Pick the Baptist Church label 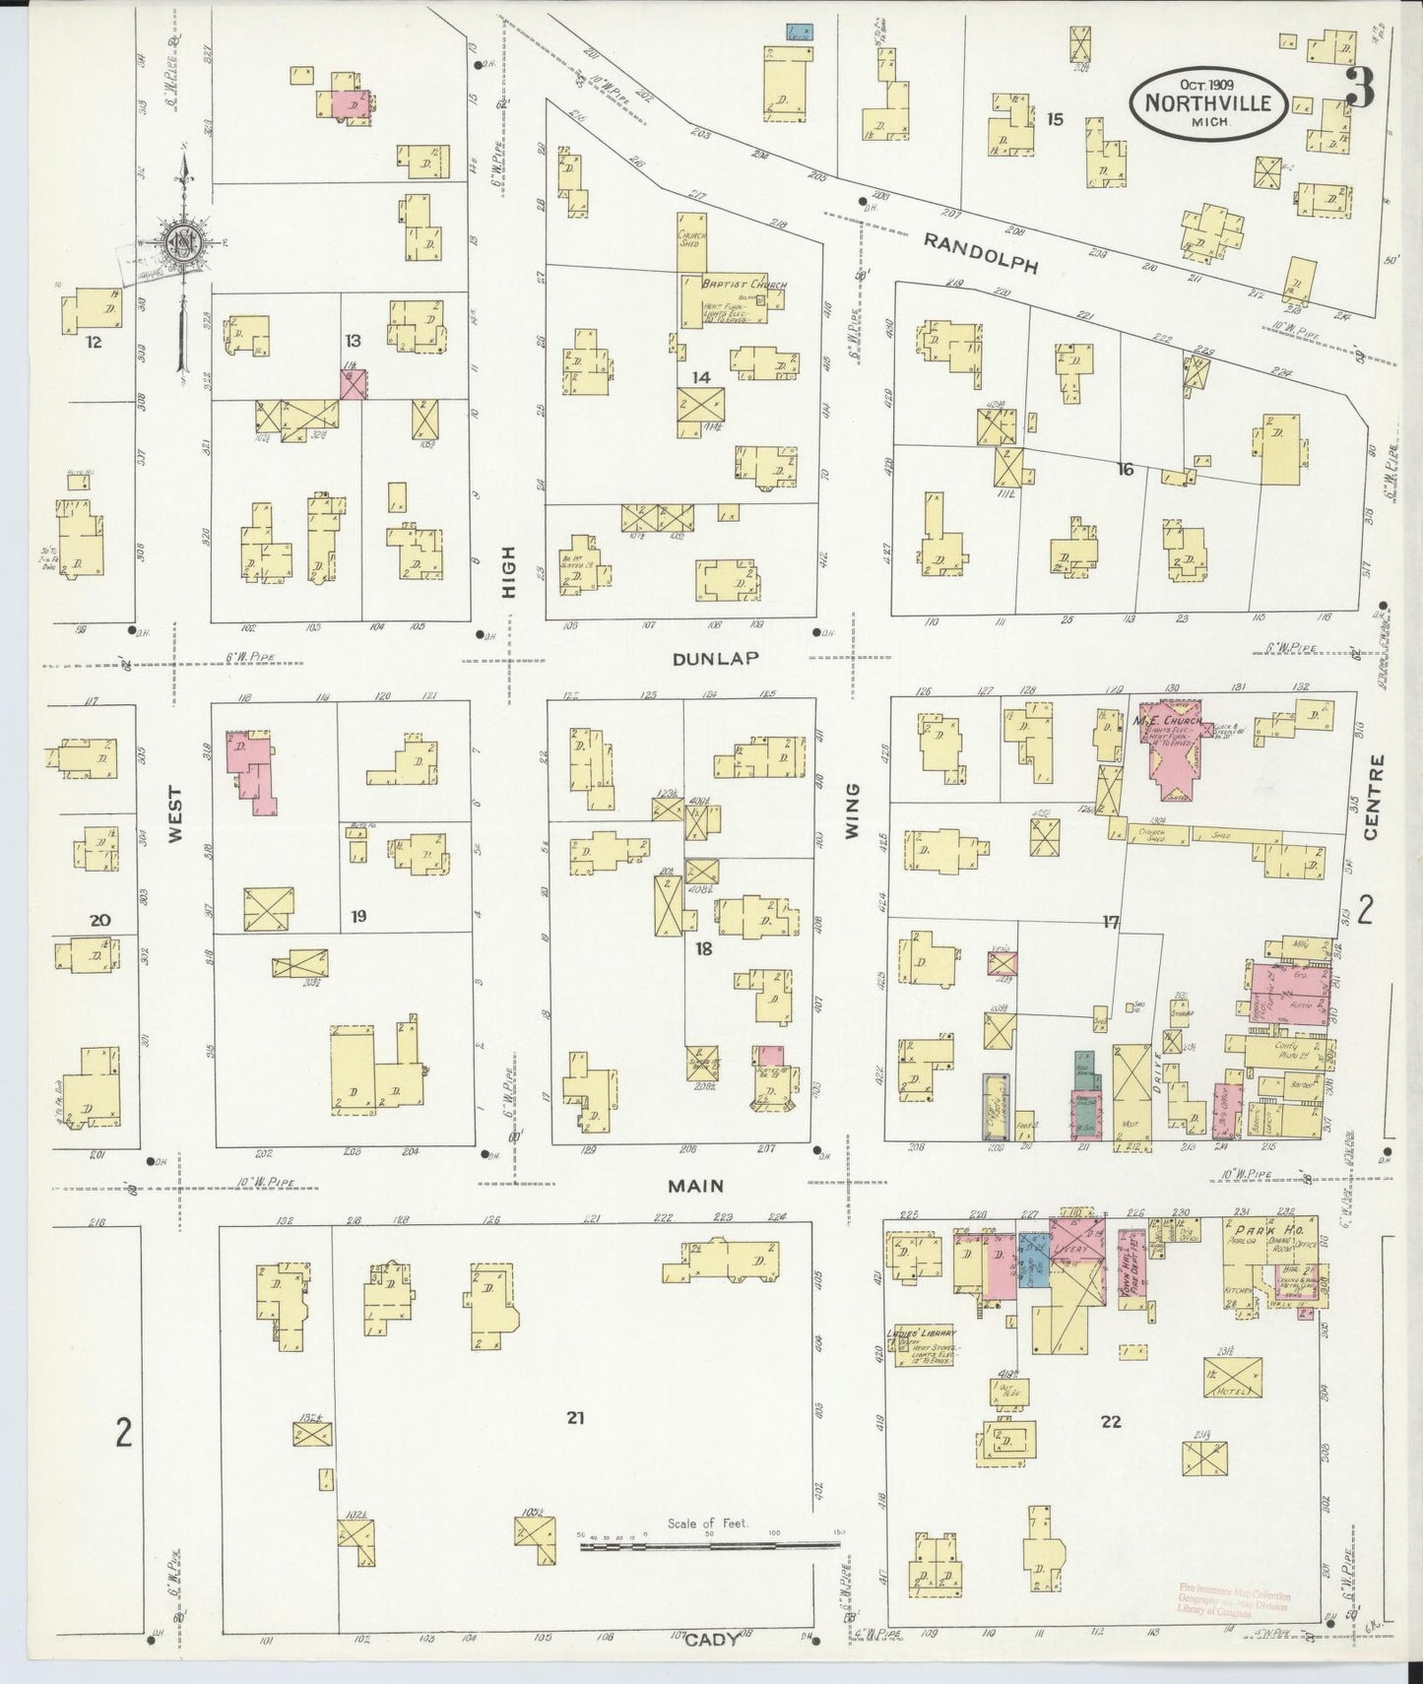pyautogui.click(x=743, y=285)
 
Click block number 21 pyautogui.click(x=575, y=1419)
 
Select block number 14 pyautogui.click(x=700, y=377)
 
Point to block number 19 pyautogui.click(x=357, y=916)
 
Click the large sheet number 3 pyautogui.click(x=1359, y=92)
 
